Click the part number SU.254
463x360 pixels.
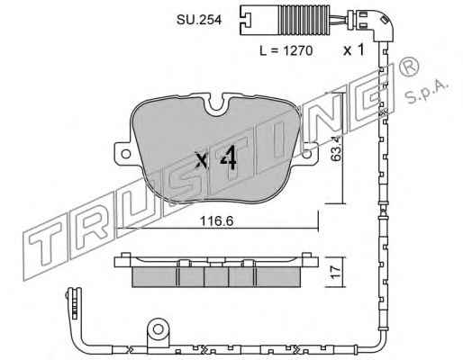[199, 20]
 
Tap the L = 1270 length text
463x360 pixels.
[286, 50]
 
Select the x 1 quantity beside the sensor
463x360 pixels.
[354, 49]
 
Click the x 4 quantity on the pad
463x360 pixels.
[216, 159]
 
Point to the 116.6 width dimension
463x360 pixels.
[216, 221]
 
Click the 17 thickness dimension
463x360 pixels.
[336, 272]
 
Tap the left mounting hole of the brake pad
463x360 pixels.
[125, 154]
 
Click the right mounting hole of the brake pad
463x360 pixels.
[306, 154]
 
